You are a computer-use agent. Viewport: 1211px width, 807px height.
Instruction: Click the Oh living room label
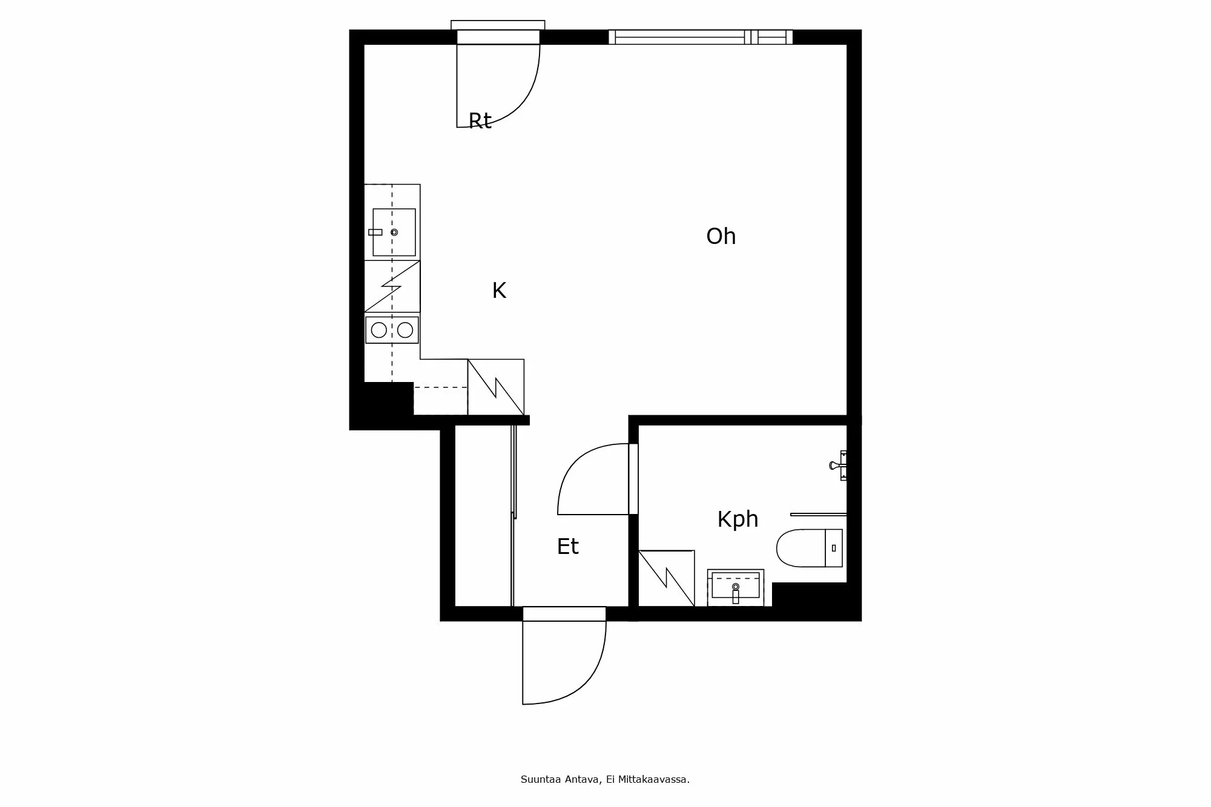coord(721,236)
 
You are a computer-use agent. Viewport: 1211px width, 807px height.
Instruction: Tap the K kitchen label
coord(499,291)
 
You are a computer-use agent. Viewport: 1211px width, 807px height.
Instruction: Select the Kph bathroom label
coord(737,519)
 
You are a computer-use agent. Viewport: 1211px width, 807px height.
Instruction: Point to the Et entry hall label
coord(567,547)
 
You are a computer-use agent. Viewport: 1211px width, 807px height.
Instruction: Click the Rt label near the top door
coord(480,121)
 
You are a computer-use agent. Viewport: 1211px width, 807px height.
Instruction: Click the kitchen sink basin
coord(394,232)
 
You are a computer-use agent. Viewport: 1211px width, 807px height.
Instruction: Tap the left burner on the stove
coord(379,330)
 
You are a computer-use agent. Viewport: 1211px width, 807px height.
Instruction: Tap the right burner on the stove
coord(405,330)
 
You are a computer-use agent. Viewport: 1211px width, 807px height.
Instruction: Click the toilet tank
coord(834,548)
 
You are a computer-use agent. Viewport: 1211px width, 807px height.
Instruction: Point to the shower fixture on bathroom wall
coord(838,465)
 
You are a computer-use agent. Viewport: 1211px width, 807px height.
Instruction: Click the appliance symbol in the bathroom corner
coord(667,578)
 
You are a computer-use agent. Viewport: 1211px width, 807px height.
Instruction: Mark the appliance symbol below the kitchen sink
coord(392,286)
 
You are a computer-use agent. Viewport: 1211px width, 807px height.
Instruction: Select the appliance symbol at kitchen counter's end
coord(496,387)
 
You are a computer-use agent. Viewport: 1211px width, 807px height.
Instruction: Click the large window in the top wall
coord(701,37)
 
